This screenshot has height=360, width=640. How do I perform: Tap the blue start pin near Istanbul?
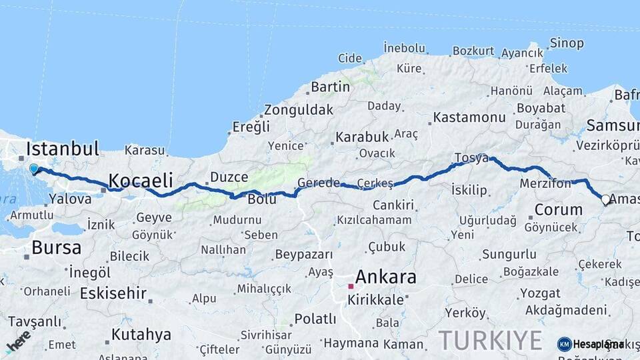[34, 169]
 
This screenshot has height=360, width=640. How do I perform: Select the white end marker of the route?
[605, 199]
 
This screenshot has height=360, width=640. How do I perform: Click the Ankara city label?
[385, 277]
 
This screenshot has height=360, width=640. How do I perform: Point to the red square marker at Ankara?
[351, 286]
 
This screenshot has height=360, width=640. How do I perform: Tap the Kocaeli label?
[141, 180]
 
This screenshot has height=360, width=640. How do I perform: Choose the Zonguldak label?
[298, 110]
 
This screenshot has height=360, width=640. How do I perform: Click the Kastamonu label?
[469, 117]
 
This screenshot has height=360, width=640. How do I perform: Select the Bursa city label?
[57, 248]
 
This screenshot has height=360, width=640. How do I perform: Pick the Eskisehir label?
[113, 293]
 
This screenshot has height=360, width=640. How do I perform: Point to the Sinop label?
[567, 43]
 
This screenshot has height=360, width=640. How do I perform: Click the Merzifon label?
[545, 183]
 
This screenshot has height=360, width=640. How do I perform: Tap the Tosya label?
[471, 158]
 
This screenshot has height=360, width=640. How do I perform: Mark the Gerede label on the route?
[319, 183]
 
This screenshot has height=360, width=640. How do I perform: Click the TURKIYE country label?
[490, 340]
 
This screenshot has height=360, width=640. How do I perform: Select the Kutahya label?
[141, 334]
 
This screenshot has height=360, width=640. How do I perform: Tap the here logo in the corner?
[18, 341]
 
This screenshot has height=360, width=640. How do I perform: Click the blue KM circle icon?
[564, 344]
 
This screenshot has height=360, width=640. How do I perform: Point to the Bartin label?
[330, 87]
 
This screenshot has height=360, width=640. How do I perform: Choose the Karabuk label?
[362, 137]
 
